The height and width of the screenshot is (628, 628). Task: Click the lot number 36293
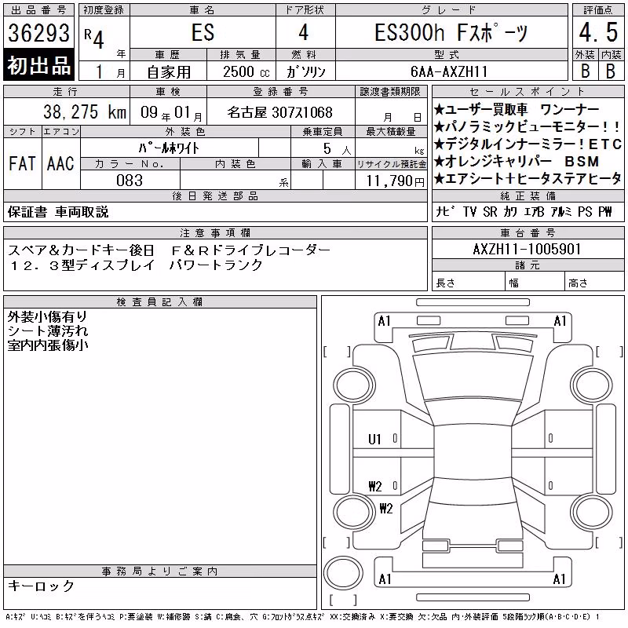coord(38,33)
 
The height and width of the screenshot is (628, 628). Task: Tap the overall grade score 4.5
coord(598,32)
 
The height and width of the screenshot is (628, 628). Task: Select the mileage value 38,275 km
coord(85,111)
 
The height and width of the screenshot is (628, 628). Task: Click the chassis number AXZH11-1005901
coord(527,249)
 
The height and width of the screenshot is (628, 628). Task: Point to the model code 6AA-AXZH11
coord(449,71)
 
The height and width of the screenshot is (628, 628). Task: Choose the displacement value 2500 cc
coord(246,71)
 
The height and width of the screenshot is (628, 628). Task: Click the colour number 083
coord(130,181)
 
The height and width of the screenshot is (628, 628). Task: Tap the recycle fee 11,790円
coord(396,181)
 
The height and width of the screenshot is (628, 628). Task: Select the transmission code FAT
coord(22,163)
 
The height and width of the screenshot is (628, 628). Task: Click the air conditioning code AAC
coord(60,163)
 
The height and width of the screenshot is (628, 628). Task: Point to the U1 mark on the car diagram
coord(374,440)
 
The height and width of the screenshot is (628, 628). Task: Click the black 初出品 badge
coord(38,65)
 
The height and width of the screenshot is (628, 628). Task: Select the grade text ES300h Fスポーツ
coord(451,32)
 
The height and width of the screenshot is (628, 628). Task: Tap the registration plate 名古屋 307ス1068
coord(280,112)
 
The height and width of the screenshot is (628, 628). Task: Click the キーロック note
coord(41,586)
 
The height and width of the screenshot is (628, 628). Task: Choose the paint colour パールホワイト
coord(169,148)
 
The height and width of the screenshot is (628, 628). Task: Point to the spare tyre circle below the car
coord(343,572)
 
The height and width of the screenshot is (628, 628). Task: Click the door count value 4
coord(304,32)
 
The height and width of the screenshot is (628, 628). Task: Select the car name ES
coord(203,32)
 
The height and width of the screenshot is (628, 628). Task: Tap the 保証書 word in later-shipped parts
coord(27,212)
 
